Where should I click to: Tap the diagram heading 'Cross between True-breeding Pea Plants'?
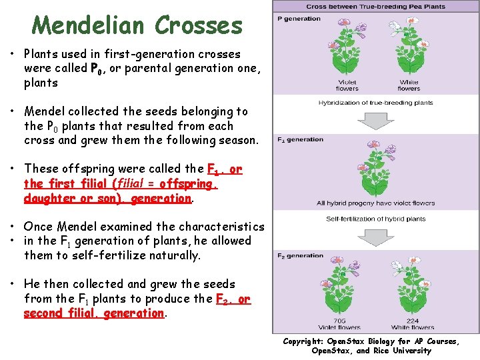tap(376, 6)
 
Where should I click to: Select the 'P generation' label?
tap(299, 19)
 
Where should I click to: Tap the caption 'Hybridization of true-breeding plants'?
tap(376, 103)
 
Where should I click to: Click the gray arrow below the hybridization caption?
tap(376, 119)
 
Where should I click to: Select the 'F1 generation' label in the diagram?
tap(301, 140)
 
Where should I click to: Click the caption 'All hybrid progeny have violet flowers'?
tap(376, 203)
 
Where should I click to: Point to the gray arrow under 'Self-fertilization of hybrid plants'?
tap(376, 235)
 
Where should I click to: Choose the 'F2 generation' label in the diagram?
tap(301, 256)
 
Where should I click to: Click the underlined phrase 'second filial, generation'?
tap(93, 313)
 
